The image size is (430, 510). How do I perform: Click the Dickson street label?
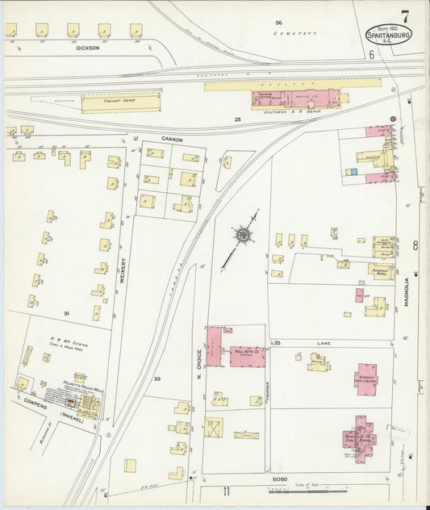click(87, 48)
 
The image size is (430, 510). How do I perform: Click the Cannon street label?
click(173, 139)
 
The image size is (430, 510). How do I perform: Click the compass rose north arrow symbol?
click(242, 235)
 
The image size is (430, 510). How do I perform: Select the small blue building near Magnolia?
click(351, 171)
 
